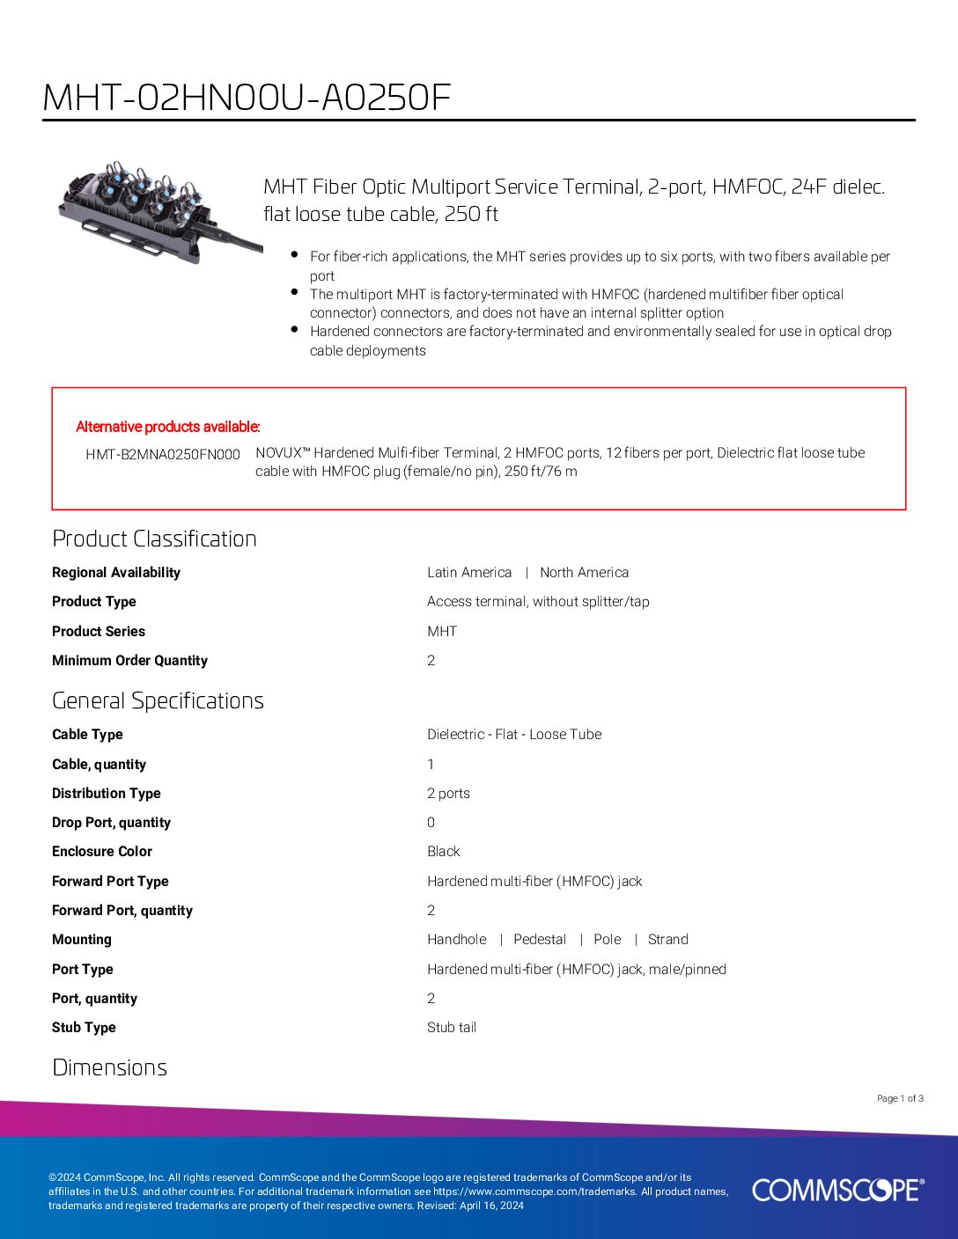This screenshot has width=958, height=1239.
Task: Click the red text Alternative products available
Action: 168,427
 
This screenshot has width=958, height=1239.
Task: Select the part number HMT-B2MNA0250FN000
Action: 163,454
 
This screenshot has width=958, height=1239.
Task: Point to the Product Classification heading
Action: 154,539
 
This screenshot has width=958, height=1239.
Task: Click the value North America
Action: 584,572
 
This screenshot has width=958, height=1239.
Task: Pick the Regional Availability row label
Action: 116,572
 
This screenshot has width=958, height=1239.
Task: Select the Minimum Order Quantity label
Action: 129,660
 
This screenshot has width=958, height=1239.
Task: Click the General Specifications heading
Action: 158,700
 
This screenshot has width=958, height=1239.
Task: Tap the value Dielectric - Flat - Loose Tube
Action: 514,734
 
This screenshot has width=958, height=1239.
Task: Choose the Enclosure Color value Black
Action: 443,851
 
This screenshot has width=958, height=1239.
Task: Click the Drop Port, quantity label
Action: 111,822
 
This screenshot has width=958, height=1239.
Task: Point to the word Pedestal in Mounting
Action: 540,939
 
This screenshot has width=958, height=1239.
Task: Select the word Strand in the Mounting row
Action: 667,939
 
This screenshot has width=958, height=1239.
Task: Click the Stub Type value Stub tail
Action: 452,1027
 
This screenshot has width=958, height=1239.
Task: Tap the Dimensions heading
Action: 109,1067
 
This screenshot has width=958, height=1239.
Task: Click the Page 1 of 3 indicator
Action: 900,1098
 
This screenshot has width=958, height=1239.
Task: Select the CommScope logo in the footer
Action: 837,1190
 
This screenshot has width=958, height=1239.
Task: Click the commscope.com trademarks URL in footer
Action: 534,1191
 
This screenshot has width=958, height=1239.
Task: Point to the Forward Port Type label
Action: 110,881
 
